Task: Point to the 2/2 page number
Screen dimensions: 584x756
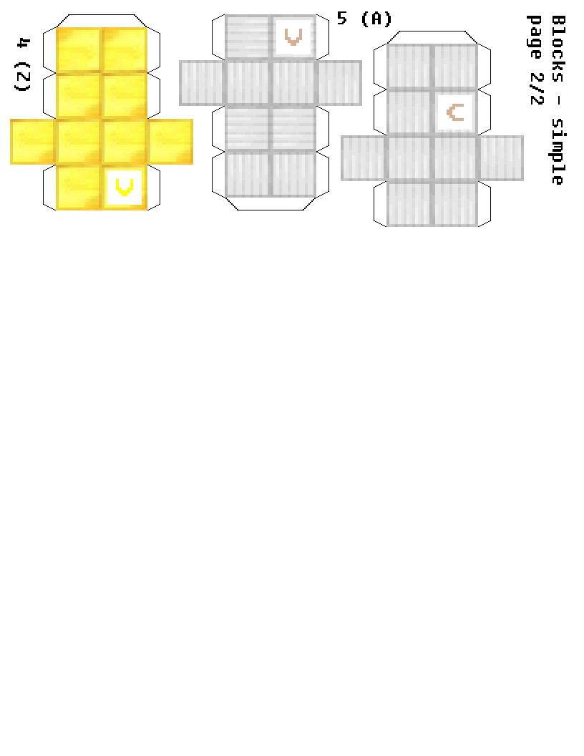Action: (535, 89)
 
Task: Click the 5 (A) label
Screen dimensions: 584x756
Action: (364, 19)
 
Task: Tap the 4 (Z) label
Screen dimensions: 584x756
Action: (23, 64)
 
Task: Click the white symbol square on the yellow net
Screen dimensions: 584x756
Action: (124, 188)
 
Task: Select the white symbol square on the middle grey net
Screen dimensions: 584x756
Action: (293, 36)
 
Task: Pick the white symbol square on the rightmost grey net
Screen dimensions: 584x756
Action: (455, 112)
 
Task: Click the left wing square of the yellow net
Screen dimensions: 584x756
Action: (33, 142)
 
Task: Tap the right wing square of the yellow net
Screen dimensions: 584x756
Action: (170, 142)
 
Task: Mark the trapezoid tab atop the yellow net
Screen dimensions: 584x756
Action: (102, 21)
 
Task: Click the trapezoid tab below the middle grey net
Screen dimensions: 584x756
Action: (270, 203)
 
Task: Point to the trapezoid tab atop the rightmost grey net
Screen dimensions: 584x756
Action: (432, 38)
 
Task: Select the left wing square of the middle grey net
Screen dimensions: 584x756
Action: (202, 83)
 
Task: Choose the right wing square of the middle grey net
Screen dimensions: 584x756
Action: (339, 83)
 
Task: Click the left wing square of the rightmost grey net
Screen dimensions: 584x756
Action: (364, 158)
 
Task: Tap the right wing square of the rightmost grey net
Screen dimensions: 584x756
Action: (501, 158)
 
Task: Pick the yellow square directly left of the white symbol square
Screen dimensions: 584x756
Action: (78, 188)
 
